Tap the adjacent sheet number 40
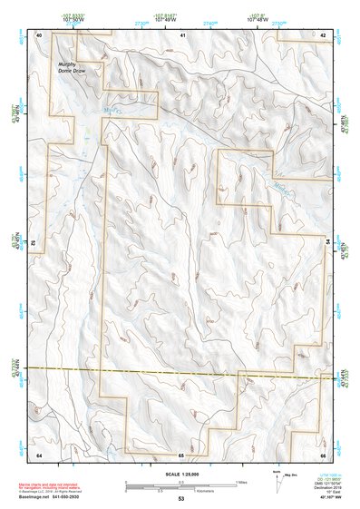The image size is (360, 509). (x=39, y=34)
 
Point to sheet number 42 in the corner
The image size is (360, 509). (x=323, y=34)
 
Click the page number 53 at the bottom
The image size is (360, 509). (x=181, y=499)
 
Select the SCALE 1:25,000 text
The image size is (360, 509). (x=181, y=475)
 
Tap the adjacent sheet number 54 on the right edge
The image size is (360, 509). (x=324, y=241)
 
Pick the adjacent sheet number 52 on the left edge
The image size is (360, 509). (x=38, y=243)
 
